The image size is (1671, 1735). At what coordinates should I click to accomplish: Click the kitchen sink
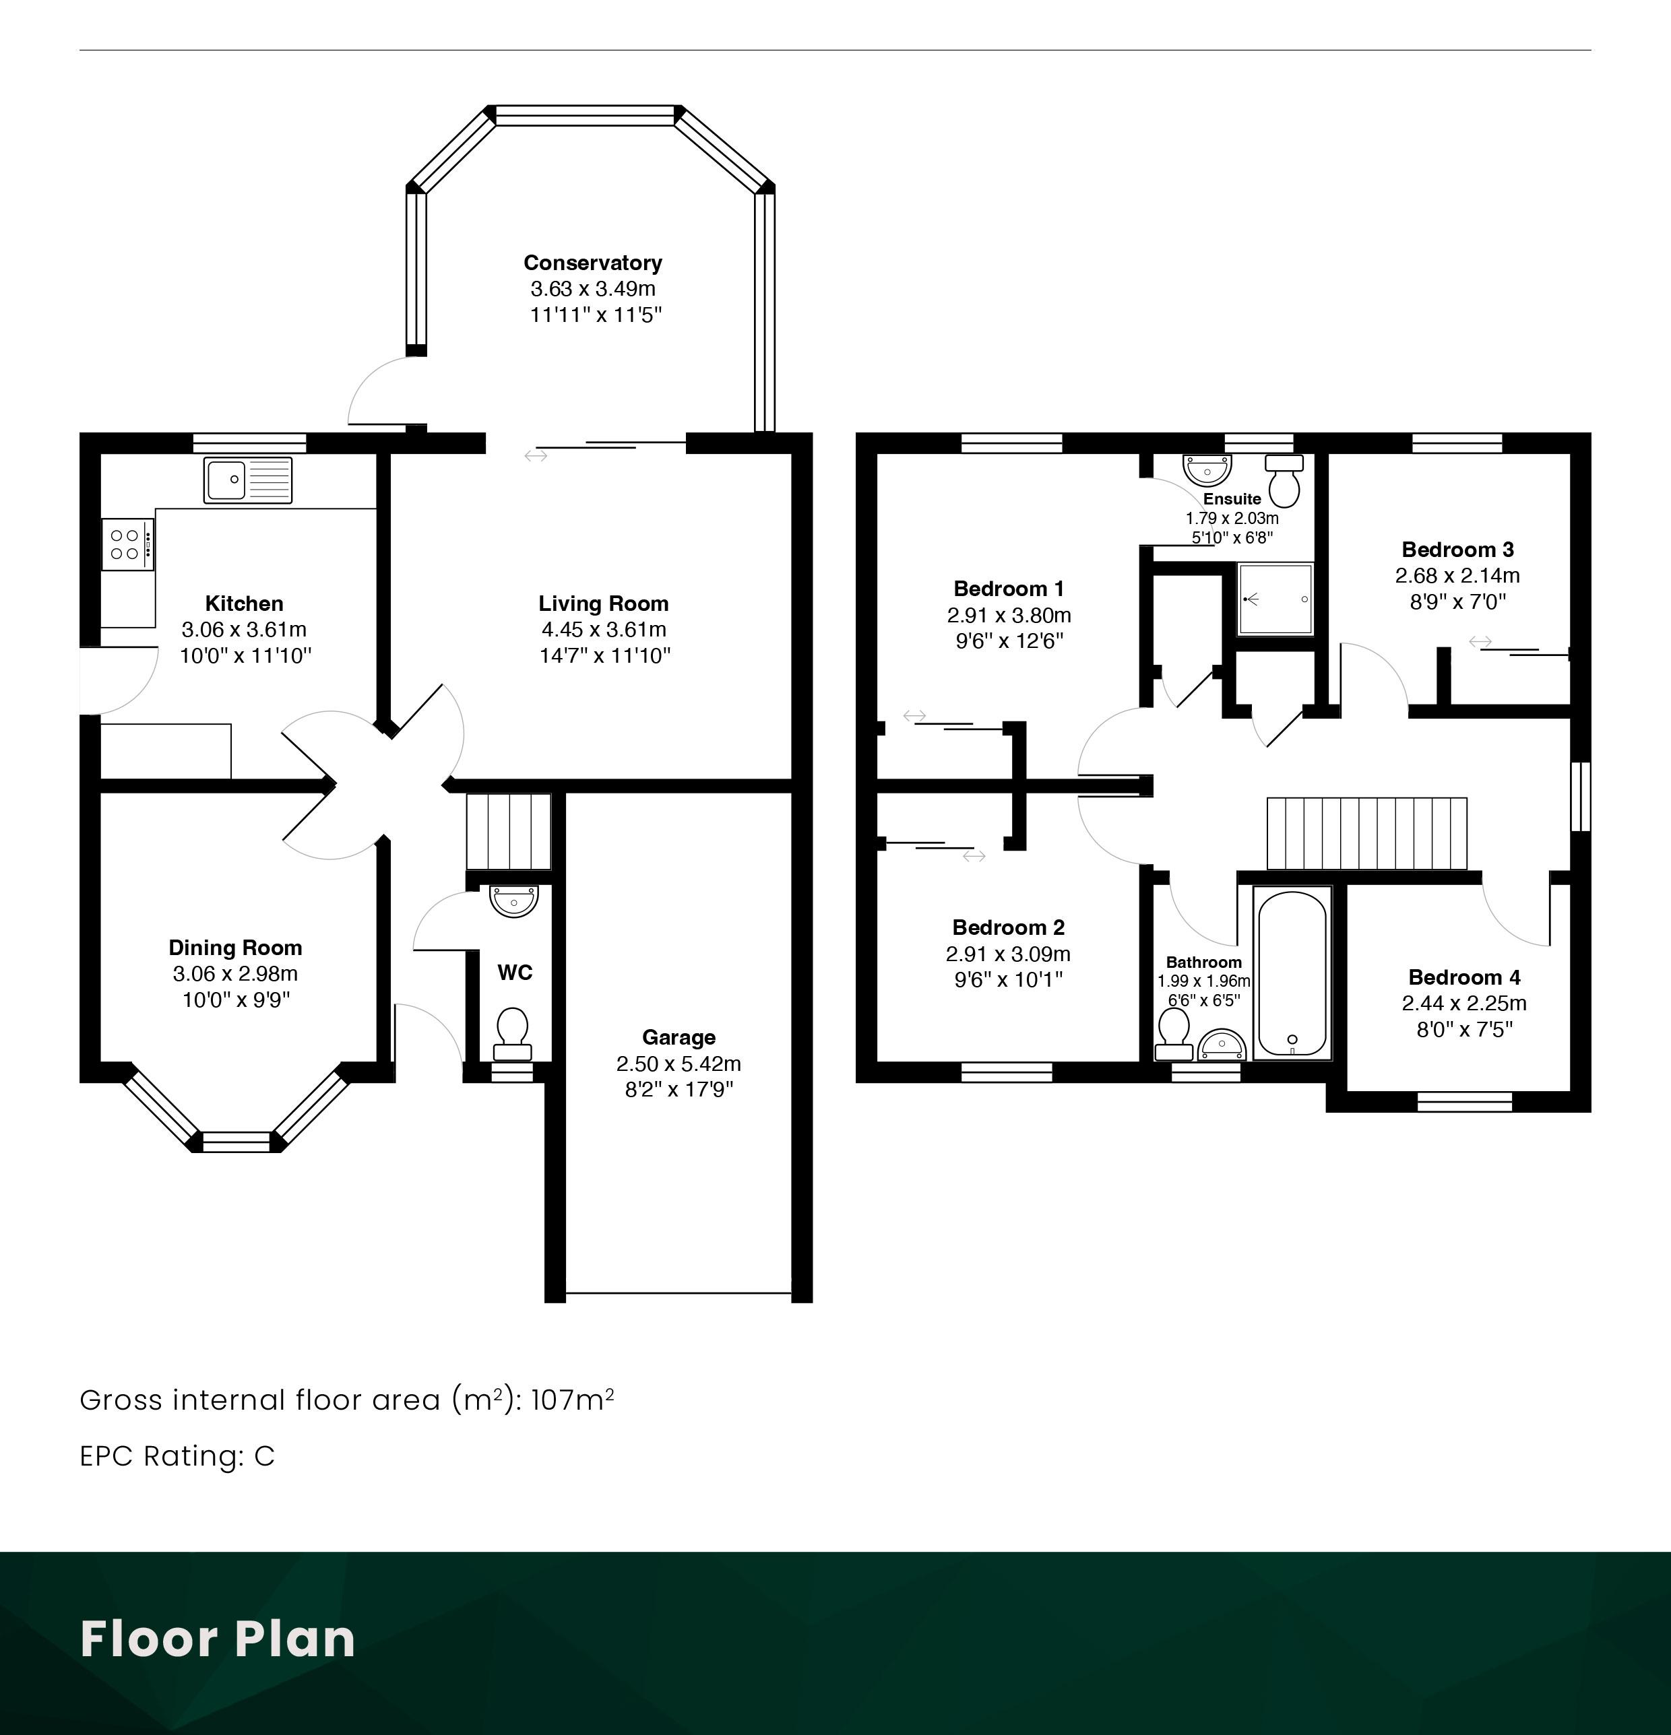pyautogui.click(x=248, y=481)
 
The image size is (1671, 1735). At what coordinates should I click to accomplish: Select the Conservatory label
pyautogui.click(x=592, y=263)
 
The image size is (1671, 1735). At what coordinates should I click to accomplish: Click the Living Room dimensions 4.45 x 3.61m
pyautogui.click(x=604, y=629)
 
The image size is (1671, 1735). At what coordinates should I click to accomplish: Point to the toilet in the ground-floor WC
pyautogui.click(x=513, y=1034)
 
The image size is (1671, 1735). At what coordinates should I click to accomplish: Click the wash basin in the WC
pyautogui.click(x=513, y=901)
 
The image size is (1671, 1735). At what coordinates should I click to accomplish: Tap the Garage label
pyautogui.click(x=679, y=1037)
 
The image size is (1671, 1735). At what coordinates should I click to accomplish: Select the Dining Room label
pyautogui.click(x=236, y=948)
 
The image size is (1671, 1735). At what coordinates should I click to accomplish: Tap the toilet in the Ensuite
pyautogui.click(x=1284, y=481)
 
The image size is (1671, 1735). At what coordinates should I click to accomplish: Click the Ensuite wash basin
pyautogui.click(x=1207, y=470)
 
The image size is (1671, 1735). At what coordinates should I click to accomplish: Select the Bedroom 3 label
pyautogui.click(x=1457, y=550)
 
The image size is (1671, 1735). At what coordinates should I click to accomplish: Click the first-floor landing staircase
pyautogui.click(x=1366, y=834)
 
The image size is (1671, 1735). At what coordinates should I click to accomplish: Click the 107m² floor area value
pyautogui.click(x=572, y=1400)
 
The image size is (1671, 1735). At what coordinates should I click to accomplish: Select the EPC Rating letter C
pyautogui.click(x=264, y=1456)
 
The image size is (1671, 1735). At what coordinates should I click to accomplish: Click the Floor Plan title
pyautogui.click(x=218, y=1639)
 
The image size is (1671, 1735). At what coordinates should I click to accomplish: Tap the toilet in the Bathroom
pyautogui.click(x=1175, y=1034)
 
